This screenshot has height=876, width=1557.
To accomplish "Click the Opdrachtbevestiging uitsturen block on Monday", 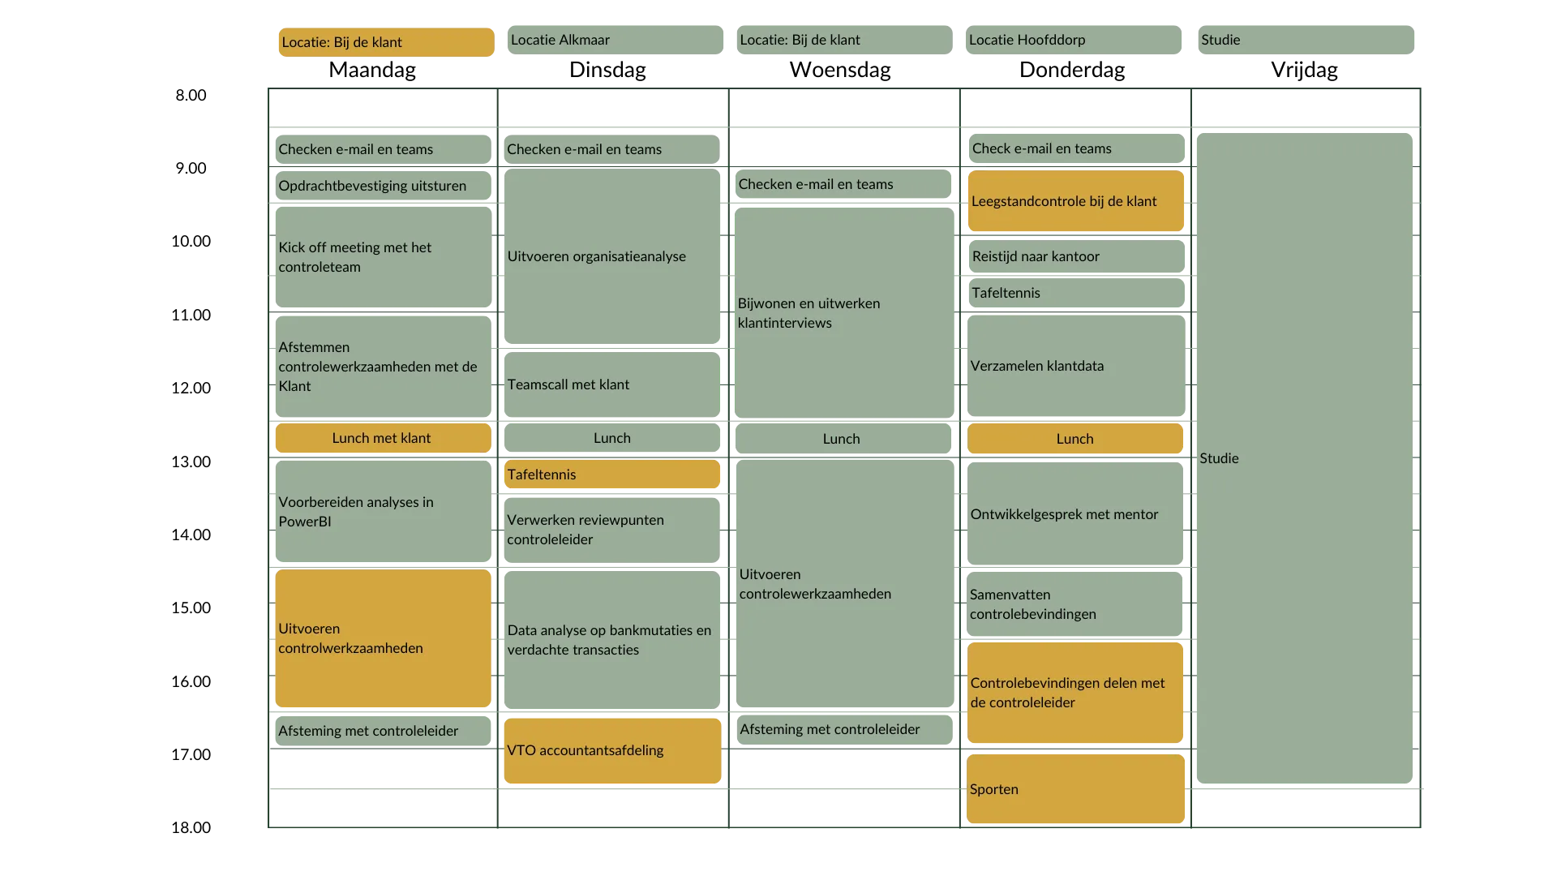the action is (x=383, y=186).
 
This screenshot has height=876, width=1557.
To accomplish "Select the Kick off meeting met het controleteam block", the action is (x=383, y=257).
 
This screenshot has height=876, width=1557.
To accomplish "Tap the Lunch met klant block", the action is (x=383, y=438).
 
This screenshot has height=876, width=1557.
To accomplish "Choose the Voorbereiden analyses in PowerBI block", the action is (x=383, y=511).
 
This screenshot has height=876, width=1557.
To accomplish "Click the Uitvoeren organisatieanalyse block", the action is (x=612, y=256).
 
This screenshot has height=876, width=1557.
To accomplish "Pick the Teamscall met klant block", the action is (x=612, y=384).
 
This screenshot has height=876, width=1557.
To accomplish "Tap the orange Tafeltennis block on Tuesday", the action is (x=612, y=474).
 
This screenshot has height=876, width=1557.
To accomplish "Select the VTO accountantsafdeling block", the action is (x=612, y=750).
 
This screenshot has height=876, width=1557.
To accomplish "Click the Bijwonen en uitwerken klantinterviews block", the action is (x=844, y=312).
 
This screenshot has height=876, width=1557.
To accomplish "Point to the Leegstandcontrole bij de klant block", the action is (x=1076, y=201).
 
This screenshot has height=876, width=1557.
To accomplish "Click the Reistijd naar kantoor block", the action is (x=1076, y=256).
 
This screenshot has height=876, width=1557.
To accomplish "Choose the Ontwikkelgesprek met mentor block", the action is (x=1075, y=513).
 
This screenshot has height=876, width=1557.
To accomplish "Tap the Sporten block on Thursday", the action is (x=1075, y=788).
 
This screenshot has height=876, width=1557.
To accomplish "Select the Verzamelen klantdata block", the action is (x=1076, y=365).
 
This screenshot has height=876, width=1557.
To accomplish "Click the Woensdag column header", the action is (x=840, y=70).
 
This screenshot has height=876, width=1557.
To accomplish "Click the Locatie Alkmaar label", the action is (x=616, y=40).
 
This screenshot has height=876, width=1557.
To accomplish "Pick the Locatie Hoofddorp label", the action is (x=1074, y=40).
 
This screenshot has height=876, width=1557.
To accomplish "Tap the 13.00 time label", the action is (x=191, y=462).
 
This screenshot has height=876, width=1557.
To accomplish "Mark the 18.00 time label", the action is (x=191, y=827).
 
